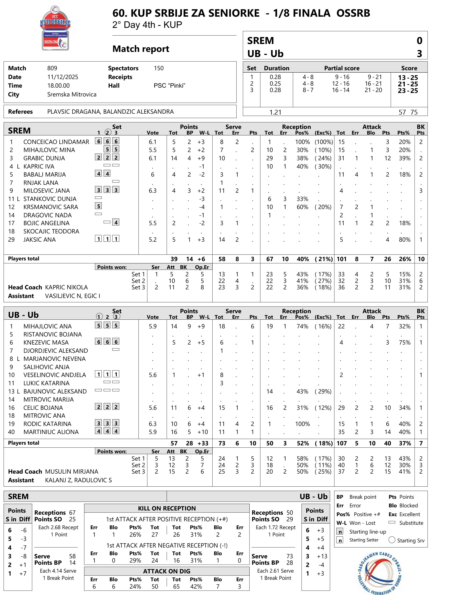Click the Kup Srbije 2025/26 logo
point(55,28)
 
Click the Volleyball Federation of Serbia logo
point(379,572)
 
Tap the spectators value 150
point(159,68)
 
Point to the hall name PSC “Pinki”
point(169,86)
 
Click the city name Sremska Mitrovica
point(72,94)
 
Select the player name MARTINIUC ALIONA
point(51,432)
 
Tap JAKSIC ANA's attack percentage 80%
point(404,239)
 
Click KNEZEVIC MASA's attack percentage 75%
point(404,343)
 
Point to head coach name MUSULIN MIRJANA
point(72,471)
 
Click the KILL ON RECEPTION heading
point(167,508)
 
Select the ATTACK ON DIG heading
point(167,571)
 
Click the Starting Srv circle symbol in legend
point(392,540)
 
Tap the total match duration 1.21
point(275,112)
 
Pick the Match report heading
point(141,49)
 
